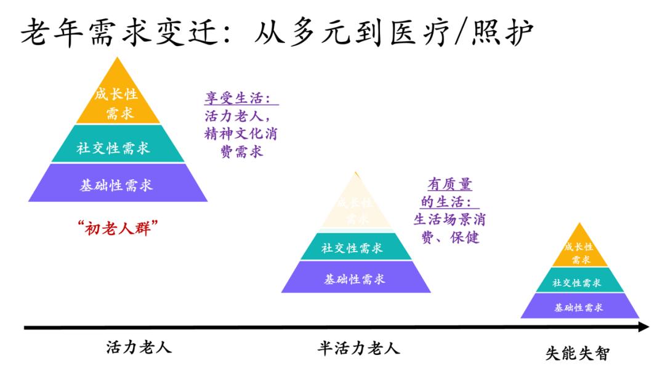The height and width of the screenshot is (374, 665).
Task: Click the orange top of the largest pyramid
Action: [x=117, y=101]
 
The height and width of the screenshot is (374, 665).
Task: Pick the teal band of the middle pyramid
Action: [x=355, y=247]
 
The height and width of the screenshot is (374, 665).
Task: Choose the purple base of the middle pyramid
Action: [x=355, y=278]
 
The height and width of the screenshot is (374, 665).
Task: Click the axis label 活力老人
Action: [x=139, y=347]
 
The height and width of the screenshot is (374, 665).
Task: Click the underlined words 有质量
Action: [x=450, y=185]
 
